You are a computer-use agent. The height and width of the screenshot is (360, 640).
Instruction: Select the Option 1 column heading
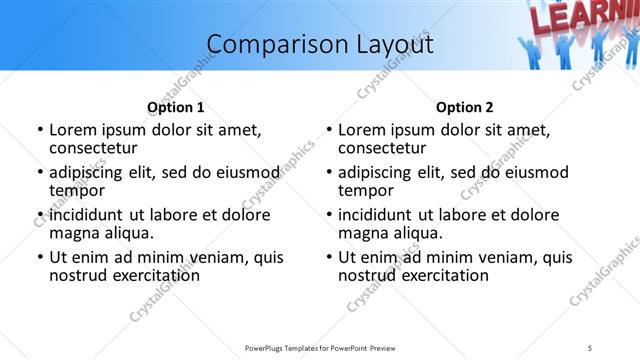coord(176,107)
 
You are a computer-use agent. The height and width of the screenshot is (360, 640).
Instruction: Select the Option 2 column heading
coord(465,107)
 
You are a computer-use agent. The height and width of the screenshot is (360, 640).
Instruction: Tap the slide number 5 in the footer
coord(590,347)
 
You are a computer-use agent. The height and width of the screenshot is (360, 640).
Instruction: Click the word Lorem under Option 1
coord(73,130)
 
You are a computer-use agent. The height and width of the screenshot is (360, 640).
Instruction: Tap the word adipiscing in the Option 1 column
coord(89,172)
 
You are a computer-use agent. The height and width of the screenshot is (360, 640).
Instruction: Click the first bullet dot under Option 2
coord(329,131)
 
